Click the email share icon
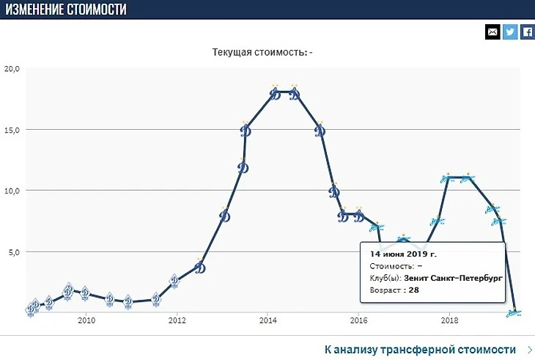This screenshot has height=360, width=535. coord(492,32)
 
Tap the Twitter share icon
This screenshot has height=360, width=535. coord(509,32)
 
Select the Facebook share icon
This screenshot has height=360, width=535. coord(526,32)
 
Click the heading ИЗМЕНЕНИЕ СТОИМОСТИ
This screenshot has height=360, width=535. coord(65,10)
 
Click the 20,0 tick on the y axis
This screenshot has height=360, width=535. coord(12,69)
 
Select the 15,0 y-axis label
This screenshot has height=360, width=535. coord(12,130)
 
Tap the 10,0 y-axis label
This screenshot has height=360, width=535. coord(12,191)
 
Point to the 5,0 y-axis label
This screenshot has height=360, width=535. coord(15,251)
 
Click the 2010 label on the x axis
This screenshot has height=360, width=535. coord(86,320)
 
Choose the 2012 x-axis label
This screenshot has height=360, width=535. coord(177,320)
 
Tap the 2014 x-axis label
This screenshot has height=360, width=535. coord(267,320)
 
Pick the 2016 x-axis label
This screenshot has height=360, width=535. coord(358,320)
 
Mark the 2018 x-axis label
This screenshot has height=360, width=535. coord(449,320)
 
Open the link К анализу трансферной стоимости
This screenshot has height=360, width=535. coord(420,350)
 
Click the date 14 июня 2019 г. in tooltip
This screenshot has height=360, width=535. coord(403,254)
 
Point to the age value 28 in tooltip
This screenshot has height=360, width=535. coord(413,290)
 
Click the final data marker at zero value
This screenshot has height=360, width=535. coord(515,312)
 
